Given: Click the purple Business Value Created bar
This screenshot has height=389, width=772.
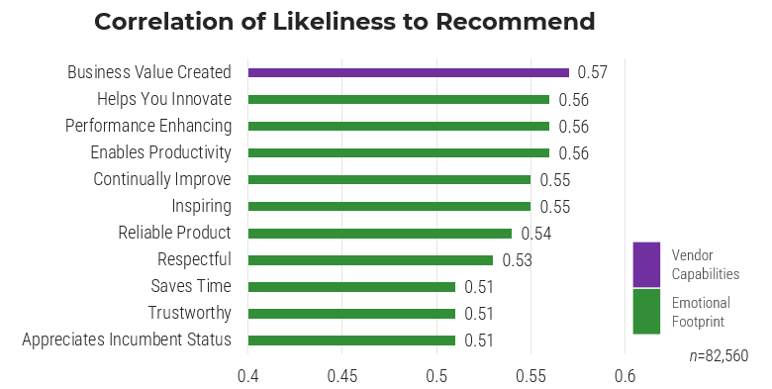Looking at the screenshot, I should (408, 72).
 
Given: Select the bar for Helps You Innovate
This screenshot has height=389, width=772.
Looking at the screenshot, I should (398, 99).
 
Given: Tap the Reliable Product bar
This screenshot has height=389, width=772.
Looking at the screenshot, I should (379, 234).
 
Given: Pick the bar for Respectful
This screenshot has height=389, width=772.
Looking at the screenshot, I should (370, 260).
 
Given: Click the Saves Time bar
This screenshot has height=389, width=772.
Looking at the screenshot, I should (351, 287).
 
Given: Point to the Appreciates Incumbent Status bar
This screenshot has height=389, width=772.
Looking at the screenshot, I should (351, 340).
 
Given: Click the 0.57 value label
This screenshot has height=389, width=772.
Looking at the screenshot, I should (592, 72).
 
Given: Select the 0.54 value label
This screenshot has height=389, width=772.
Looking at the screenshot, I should (535, 234).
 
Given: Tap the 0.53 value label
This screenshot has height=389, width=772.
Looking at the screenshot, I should (517, 260).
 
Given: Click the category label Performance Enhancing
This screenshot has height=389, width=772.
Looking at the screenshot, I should (148, 126).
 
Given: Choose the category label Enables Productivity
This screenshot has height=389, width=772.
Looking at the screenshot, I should (160, 152).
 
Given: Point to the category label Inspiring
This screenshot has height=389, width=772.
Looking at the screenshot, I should (201, 206).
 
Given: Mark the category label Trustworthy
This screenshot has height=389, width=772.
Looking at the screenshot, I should (189, 314).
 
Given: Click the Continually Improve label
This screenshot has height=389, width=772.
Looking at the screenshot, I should (162, 179).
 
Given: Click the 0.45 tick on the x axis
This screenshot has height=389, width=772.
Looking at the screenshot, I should (341, 376).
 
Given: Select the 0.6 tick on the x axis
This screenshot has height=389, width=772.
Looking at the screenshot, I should (624, 376).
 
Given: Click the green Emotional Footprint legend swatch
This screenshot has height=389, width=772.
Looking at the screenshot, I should (646, 311).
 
